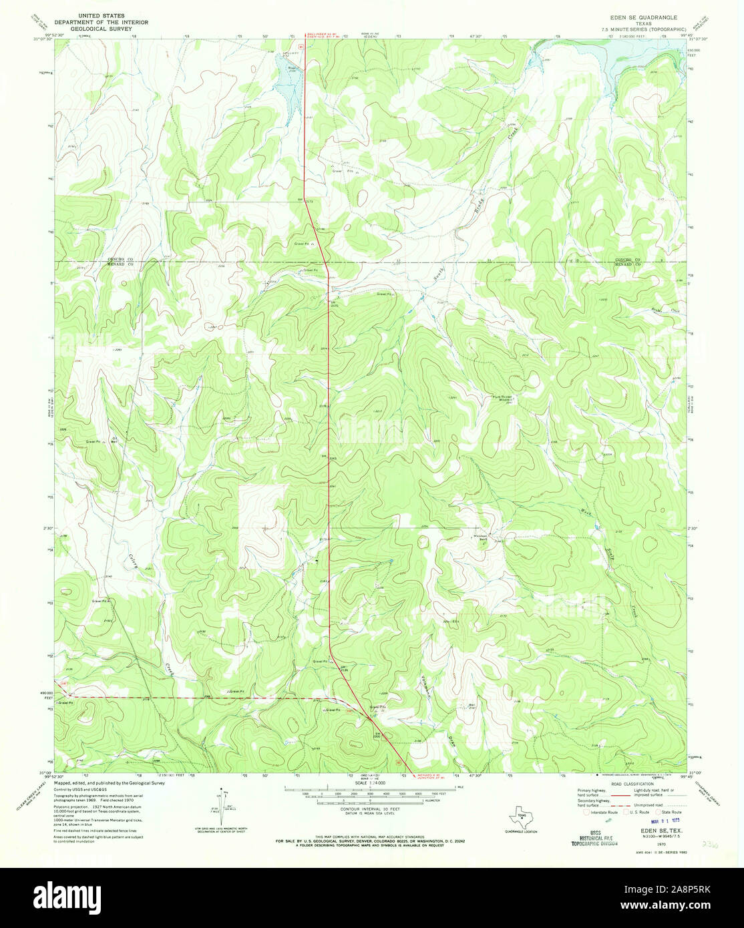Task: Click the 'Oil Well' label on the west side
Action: [x=114, y=440]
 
